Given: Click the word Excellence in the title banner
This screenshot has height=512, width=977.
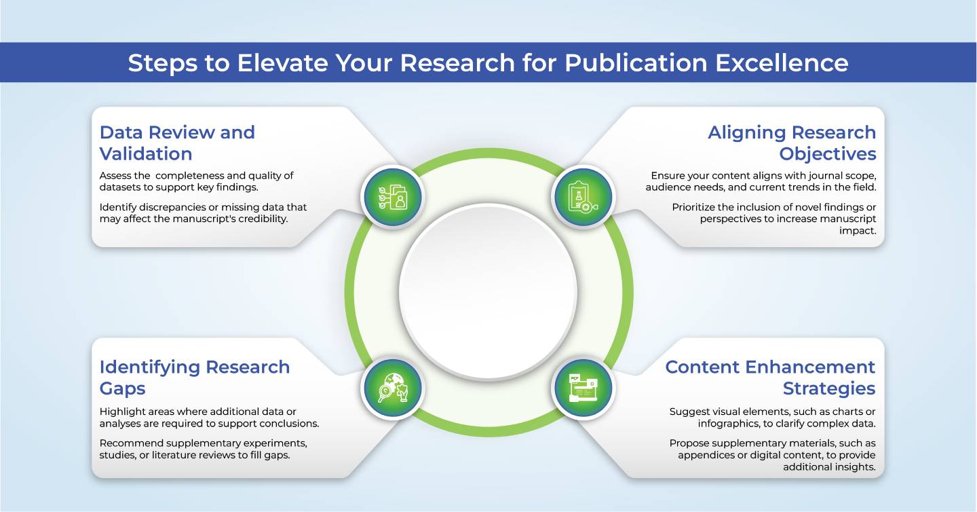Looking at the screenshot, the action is tap(782, 63).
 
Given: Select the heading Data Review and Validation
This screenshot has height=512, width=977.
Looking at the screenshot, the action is tap(177, 143).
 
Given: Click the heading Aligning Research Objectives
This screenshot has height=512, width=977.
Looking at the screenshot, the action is tap(792, 143).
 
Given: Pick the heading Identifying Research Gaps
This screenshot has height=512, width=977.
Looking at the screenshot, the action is tap(195, 378).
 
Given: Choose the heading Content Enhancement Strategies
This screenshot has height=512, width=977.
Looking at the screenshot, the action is tap(770, 378).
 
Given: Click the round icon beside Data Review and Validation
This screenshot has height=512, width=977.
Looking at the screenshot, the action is tap(393, 198).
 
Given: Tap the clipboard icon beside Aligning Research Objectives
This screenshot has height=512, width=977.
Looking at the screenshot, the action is tap(583, 198).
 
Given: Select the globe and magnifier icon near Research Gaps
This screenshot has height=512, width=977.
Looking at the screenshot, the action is tap(393, 388).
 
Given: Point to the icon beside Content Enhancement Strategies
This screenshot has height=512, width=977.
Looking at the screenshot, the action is tap(583, 388).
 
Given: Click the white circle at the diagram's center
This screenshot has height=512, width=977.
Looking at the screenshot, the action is tap(488, 292).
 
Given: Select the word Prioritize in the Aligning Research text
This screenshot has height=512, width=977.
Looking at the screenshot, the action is tap(693, 207).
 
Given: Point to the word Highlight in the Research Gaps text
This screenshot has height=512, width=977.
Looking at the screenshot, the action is tap(120, 412).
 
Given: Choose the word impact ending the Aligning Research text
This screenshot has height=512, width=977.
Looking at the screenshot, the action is tap(858, 230).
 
